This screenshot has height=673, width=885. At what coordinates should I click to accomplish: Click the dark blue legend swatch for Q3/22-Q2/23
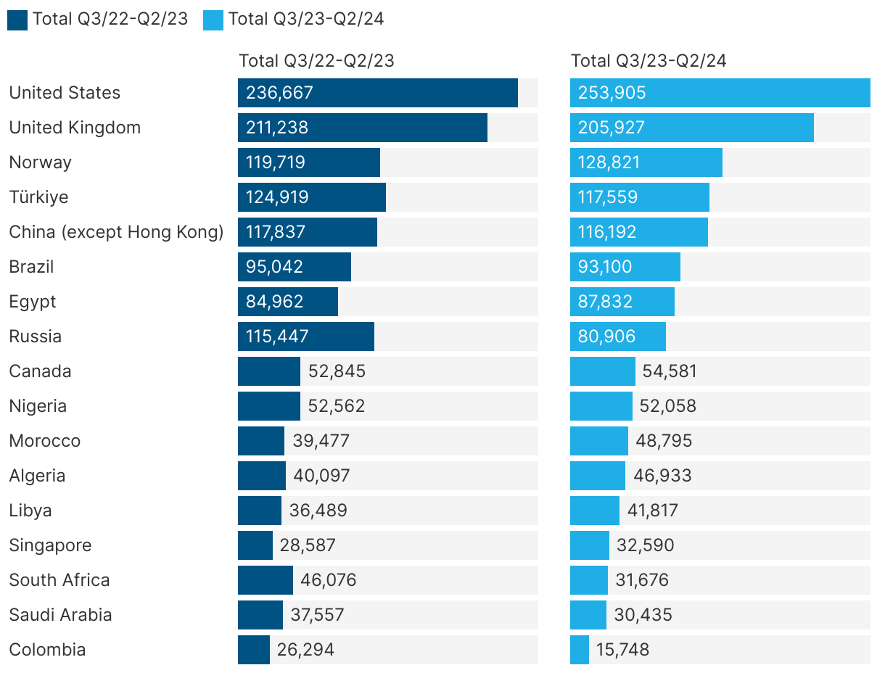click(x=17, y=20)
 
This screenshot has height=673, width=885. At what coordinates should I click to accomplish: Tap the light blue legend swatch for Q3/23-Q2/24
click(x=213, y=20)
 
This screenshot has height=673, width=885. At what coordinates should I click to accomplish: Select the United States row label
click(x=65, y=93)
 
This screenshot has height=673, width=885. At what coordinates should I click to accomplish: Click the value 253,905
click(x=612, y=93)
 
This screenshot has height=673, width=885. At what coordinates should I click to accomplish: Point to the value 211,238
click(x=277, y=128)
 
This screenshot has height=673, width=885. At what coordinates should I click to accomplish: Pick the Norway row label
click(x=40, y=162)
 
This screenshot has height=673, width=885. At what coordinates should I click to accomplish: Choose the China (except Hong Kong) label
click(x=116, y=232)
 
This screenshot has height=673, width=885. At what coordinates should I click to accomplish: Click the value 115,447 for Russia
click(x=277, y=336)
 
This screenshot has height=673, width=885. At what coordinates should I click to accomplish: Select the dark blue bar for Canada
click(x=268, y=371)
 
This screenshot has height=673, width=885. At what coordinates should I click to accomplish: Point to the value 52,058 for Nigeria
click(x=667, y=406)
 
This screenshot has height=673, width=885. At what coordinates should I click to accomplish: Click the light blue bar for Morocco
click(x=598, y=441)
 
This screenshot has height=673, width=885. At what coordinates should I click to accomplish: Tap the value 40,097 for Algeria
click(x=321, y=476)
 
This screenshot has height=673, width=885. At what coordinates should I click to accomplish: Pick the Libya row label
click(x=30, y=511)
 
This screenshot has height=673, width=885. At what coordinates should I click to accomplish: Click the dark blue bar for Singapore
click(x=255, y=545)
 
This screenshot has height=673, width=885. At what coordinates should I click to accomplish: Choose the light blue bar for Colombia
click(x=579, y=650)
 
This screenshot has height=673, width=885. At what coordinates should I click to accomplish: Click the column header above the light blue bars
click(x=649, y=61)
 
